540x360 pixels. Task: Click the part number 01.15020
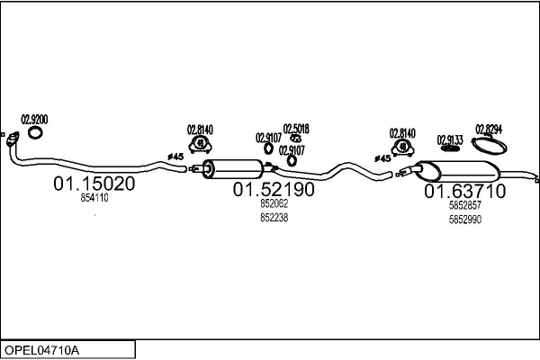[94, 184]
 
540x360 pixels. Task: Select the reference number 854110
[94, 198]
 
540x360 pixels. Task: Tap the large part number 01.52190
[274, 189]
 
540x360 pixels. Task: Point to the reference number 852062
[274, 203]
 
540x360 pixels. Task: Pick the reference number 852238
[274, 218]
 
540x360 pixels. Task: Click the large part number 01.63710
[465, 191]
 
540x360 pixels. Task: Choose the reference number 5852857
[465, 205]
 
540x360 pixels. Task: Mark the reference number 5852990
[465, 220]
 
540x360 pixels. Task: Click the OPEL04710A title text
[41, 350]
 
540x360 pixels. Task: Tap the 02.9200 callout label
[34, 120]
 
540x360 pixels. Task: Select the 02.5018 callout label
[296, 129]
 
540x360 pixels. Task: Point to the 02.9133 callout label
[450, 140]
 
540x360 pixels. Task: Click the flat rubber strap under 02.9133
[451, 148]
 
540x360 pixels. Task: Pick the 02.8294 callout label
[489, 130]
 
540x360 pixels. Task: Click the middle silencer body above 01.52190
[233, 169]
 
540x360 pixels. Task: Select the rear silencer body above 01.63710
[457, 171]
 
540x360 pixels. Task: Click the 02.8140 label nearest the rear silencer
[402, 133]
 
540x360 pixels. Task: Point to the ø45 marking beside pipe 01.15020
[175, 157]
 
